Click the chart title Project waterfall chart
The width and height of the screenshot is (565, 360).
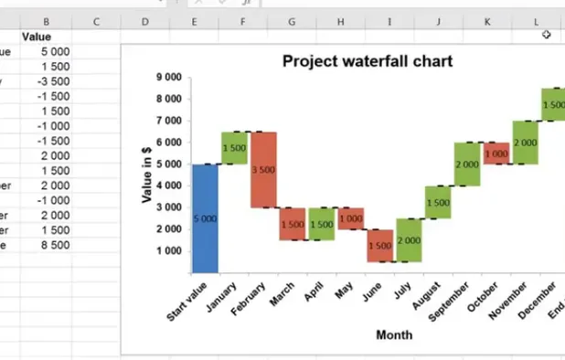[367, 61]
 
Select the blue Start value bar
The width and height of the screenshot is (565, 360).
[206, 218]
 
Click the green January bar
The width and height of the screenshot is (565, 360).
[235, 148]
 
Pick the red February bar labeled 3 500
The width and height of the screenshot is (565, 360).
[263, 170]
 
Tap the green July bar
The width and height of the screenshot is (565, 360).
[408, 240]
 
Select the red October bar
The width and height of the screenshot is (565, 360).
[496, 154]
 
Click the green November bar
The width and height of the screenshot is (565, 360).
[525, 143]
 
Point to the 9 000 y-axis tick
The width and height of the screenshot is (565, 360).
[170, 78]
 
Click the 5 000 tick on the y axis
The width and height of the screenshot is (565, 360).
[170, 164]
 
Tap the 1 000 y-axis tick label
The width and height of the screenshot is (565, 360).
[170, 251]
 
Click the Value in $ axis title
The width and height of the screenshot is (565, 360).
[146, 174]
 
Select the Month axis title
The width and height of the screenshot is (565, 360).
[394, 335]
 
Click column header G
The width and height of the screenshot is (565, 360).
[291, 21]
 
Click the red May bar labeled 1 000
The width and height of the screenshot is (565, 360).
[350, 218]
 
